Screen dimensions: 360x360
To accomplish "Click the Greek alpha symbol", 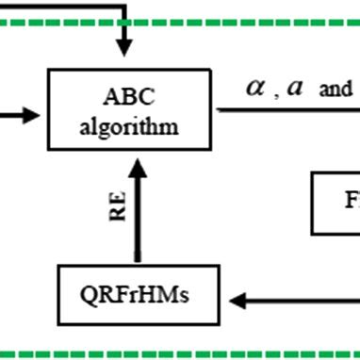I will point(255,88).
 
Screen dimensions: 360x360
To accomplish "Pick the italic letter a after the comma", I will point(295,88).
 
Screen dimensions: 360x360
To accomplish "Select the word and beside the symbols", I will point(336,91).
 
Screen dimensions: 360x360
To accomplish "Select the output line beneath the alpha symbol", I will point(283,109).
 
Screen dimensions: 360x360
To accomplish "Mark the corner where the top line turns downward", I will point(123,8).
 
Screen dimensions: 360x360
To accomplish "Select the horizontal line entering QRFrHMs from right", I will point(302,301).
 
